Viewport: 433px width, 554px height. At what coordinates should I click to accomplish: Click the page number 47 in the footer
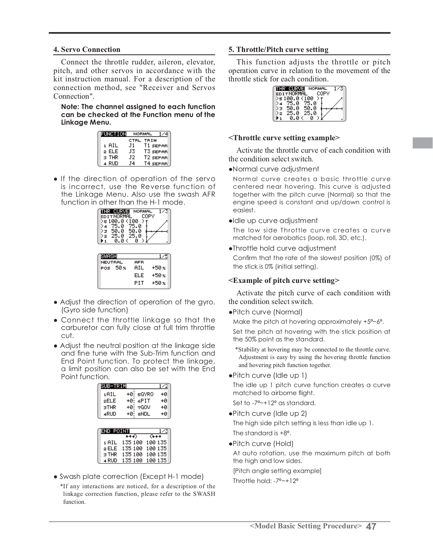point(371,527)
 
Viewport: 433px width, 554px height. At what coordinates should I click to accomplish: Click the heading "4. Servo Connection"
point(87,50)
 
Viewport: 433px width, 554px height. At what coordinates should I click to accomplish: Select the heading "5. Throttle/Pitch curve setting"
point(278,50)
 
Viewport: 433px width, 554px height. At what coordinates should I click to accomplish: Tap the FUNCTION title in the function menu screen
point(113,134)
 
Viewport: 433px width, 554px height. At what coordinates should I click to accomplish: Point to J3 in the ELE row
point(132,152)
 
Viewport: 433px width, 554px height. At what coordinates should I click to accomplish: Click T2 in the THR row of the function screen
point(147,158)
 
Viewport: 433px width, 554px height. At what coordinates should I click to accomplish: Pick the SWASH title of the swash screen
point(109,257)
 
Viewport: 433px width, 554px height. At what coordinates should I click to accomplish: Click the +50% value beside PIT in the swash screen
point(158,283)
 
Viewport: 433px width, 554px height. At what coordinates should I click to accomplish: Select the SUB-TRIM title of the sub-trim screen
point(113,386)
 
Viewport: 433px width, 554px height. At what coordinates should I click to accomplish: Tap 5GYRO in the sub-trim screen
point(146,394)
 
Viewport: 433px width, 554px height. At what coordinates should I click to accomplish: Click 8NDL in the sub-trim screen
point(145,414)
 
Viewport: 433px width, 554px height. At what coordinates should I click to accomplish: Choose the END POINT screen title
point(115,431)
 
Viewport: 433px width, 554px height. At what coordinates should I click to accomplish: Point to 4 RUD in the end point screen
point(111,461)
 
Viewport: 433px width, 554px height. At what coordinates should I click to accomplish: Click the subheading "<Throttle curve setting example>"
point(284,138)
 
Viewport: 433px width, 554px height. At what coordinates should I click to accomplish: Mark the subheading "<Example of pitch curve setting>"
point(284,280)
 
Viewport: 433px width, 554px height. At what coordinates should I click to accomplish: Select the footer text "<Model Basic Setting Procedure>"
point(306,526)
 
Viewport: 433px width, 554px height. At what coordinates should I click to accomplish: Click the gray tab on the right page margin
point(422,143)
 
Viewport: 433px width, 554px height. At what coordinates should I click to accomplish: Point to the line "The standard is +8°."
point(262,433)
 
